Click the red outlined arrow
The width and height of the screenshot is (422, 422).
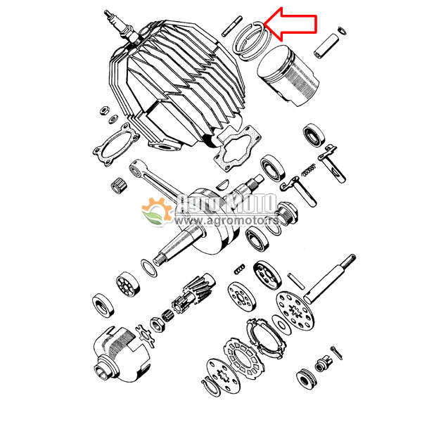pos(292,23)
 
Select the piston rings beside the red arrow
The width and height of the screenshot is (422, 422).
pos(250,41)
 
